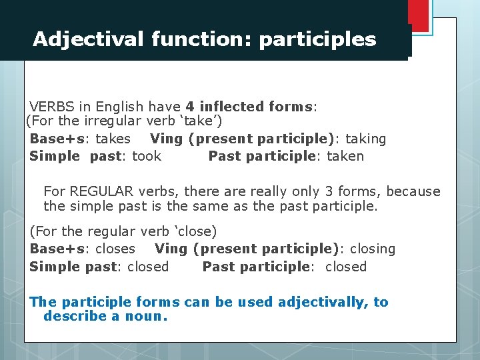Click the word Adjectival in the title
click(88, 40)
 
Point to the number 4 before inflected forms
click(191, 107)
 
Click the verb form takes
click(113, 139)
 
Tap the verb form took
click(147, 156)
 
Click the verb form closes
click(115, 249)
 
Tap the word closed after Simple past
click(147, 267)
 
